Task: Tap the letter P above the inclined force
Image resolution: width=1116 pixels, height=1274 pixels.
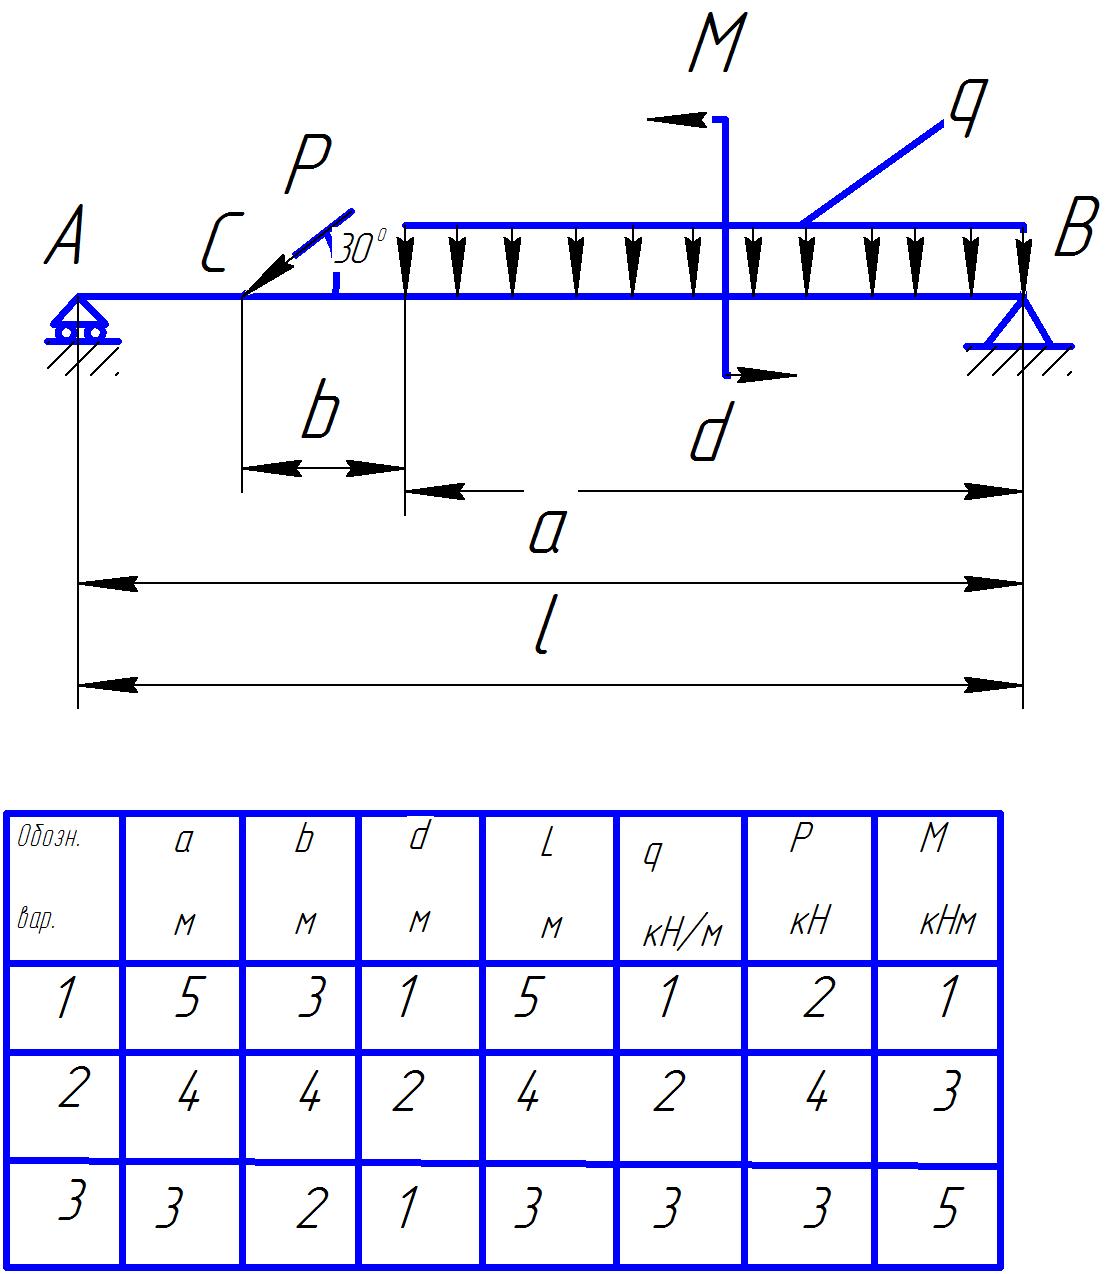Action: coord(307,165)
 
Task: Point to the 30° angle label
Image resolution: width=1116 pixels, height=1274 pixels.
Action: coord(359,249)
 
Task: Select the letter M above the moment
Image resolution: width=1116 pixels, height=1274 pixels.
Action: coord(717,46)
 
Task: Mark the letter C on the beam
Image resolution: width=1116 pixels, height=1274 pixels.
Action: coord(218,246)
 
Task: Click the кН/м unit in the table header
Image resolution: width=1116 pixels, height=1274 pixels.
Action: coord(682,934)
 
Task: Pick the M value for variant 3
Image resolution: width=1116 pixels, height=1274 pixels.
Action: coord(945,1210)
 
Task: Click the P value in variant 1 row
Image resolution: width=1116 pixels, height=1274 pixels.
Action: coord(816,998)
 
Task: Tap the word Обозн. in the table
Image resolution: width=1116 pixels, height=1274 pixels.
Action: coord(49,838)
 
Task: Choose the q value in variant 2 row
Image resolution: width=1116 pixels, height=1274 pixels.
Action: coord(667,1093)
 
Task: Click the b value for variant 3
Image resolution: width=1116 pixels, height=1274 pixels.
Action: coord(311,1210)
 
